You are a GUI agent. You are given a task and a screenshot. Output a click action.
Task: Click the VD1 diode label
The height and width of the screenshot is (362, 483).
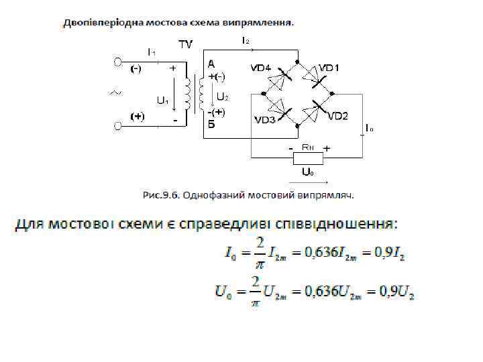point(329,68)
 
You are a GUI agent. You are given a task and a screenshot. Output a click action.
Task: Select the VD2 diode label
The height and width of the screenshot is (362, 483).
point(337,115)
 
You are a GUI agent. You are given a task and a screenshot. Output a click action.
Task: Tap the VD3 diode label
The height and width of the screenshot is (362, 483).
point(264,120)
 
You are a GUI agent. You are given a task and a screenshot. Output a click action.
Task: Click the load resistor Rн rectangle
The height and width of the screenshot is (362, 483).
point(309,158)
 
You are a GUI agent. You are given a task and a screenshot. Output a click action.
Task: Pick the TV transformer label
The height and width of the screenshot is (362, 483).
point(185,45)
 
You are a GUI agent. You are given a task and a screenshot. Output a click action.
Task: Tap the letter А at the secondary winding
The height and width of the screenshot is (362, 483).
point(212,64)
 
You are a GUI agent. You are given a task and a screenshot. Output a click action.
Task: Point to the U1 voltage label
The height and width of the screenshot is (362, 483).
point(162,101)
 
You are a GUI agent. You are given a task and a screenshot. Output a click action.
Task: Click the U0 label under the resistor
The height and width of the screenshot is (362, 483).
point(308,173)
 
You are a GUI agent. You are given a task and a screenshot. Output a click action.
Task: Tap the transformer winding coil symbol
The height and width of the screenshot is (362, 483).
point(193,95)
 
